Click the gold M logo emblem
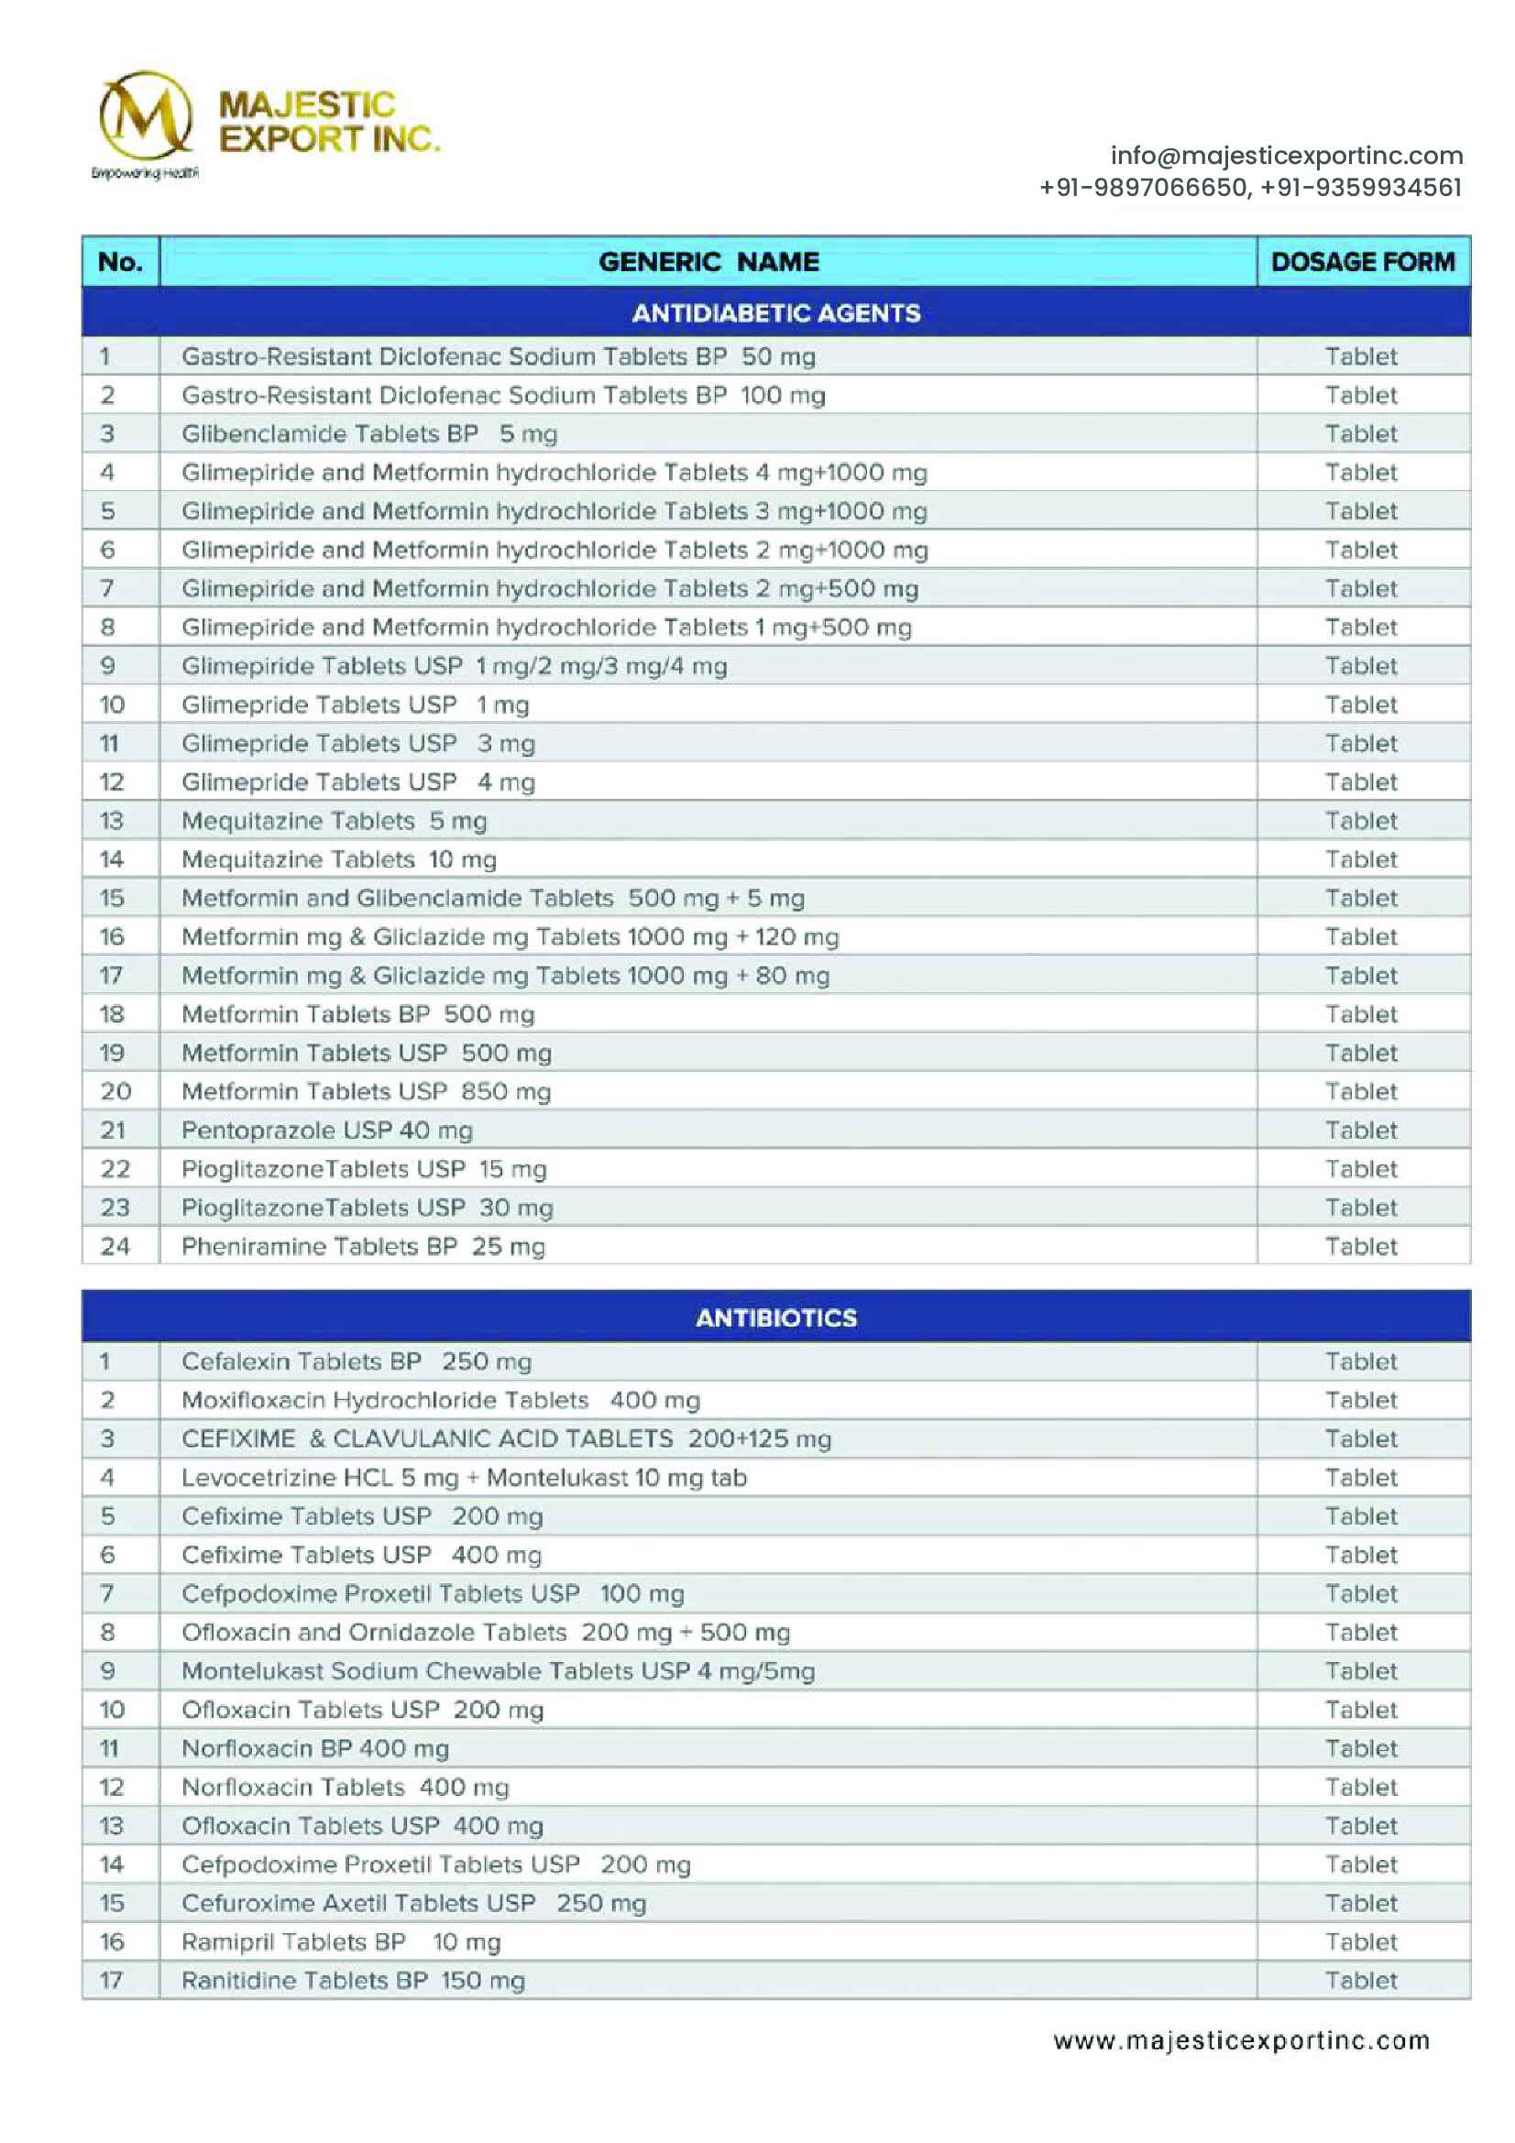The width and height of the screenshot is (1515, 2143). (146, 116)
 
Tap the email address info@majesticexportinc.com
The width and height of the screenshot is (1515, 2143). (1285, 155)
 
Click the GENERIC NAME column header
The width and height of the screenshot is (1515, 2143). (708, 262)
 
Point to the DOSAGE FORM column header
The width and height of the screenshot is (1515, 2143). (1362, 262)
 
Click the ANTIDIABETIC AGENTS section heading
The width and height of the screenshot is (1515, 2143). (775, 312)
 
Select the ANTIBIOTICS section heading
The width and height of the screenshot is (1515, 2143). (775, 1317)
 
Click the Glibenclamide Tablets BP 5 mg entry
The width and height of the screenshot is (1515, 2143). (368, 434)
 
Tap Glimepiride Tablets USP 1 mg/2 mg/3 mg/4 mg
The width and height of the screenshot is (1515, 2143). (454, 666)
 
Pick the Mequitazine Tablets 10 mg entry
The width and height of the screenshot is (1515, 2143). (339, 859)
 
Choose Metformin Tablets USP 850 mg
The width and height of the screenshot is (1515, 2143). (366, 1092)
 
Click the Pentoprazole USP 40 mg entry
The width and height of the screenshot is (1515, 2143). (326, 1131)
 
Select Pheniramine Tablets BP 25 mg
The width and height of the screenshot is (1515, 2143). (363, 1247)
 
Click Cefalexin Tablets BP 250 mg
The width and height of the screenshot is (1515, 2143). (357, 1361)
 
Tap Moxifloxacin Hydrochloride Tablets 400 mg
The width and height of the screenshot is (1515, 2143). (441, 1400)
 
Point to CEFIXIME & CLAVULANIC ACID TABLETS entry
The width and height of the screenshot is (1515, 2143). (506, 1439)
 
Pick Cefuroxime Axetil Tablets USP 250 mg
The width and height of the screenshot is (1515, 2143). (413, 1903)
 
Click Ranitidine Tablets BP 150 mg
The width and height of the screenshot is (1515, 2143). (353, 1981)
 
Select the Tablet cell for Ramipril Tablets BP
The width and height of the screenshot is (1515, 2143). (1361, 1942)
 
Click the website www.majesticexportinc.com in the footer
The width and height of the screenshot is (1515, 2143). (1241, 2041)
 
